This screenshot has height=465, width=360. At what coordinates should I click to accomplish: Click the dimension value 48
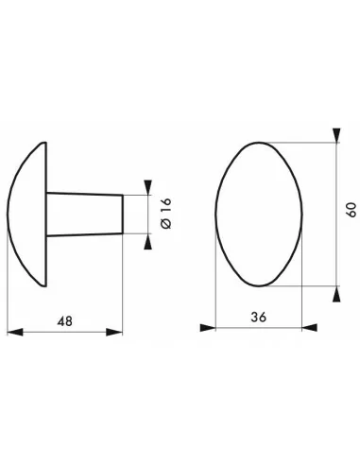63,320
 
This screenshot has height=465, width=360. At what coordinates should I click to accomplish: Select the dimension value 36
258,318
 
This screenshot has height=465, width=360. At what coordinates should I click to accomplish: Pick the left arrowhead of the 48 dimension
13,331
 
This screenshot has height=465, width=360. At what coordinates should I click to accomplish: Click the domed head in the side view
28,213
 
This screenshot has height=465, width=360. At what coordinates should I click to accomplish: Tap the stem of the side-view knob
85,213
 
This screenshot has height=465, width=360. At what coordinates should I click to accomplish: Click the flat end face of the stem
123,213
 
